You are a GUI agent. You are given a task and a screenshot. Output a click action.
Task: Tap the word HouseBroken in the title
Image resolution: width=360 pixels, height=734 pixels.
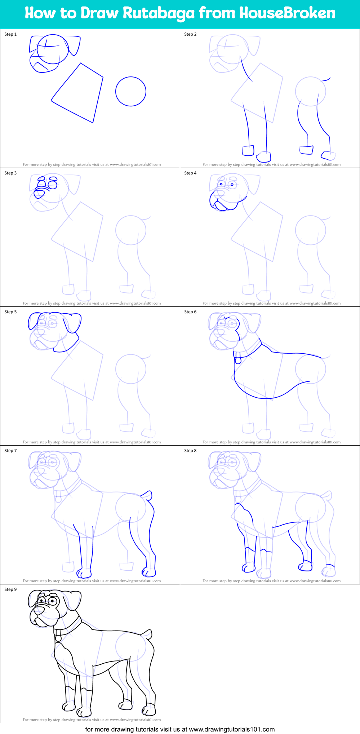point(287,13)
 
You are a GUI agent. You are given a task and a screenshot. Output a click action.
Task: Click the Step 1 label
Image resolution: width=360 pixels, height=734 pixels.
point(10,34)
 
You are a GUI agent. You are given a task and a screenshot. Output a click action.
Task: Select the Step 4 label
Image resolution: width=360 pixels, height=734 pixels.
point(190,173)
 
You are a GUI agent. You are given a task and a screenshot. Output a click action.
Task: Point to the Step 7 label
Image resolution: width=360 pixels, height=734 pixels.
point(10,451)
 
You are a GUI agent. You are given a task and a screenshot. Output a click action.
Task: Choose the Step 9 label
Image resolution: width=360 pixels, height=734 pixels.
point(10,589)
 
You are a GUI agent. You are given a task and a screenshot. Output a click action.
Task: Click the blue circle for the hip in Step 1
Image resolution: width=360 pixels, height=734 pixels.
point(130,91)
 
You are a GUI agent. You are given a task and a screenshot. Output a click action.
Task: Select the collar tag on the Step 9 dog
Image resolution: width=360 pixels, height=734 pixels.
point(58,638)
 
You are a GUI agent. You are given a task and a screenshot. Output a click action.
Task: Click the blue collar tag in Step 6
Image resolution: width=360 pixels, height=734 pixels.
point(238,360)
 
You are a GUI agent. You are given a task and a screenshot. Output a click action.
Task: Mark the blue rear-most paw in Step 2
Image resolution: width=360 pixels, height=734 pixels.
point(328,155)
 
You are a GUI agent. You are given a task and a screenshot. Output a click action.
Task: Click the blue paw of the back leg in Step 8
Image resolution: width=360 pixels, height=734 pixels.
point(305,566)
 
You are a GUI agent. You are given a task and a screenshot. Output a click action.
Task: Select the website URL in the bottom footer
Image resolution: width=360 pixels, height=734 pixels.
point(232,729)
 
